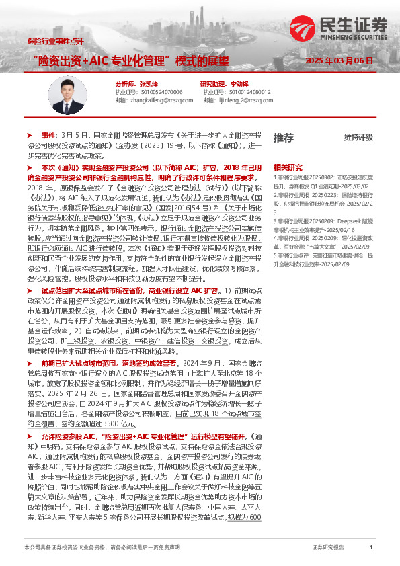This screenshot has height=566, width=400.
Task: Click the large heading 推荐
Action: tap(284, 138)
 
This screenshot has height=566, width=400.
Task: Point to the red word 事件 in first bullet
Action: tap(49, 135)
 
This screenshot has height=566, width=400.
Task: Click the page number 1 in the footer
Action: tap(371, 549)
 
